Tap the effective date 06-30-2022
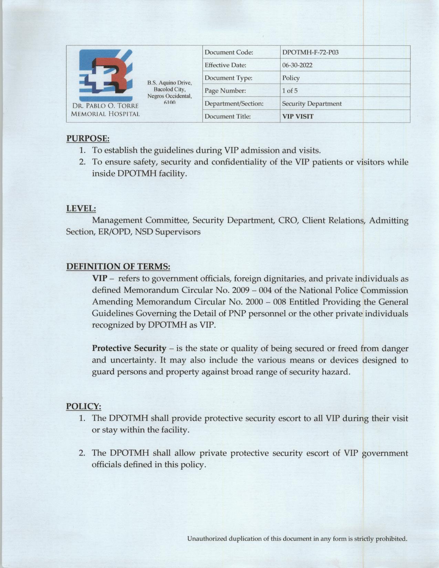click(297, 65)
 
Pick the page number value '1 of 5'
click(290, 91)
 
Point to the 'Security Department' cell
click(312, 104)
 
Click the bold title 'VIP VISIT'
click(298, 116)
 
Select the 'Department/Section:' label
click(234, 104)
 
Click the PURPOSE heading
click(88, 138)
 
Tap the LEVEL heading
click(81, 208)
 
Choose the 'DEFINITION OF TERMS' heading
click(118, 266)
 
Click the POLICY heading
click(83, 406)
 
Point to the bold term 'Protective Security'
click(129, 348)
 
